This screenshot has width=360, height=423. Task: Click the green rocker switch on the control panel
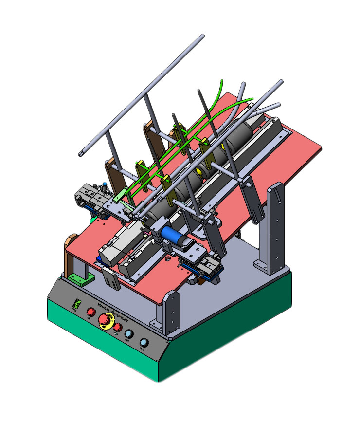[x=75, y=303]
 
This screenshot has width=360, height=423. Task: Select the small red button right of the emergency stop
[x=117, y=327]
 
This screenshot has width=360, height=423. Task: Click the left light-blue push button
[x=129, y=334]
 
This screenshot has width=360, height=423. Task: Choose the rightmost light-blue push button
[x=144, y=342]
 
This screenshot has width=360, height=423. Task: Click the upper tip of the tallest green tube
[x=221, y=81]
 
